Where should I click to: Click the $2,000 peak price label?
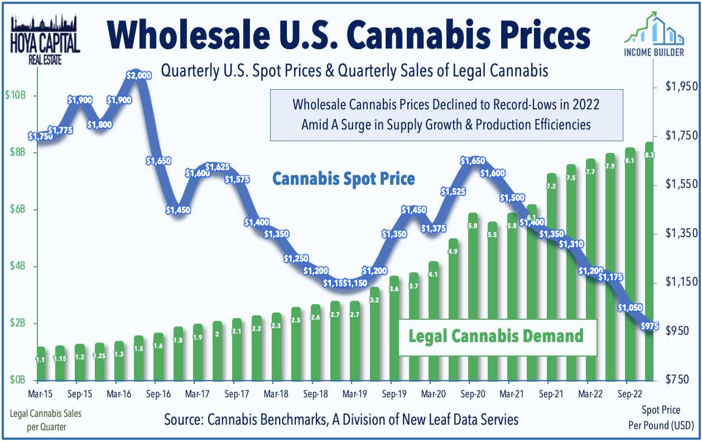(138, 75)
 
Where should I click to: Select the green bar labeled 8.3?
(650, 262)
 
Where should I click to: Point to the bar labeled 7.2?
(551, 279)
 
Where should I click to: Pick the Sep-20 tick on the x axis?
(472, 393)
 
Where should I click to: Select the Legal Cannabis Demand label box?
(496, 336)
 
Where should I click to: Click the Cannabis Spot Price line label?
(343, 179)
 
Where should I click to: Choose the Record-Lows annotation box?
(446, 114)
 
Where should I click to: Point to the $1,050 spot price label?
(630, 308)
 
